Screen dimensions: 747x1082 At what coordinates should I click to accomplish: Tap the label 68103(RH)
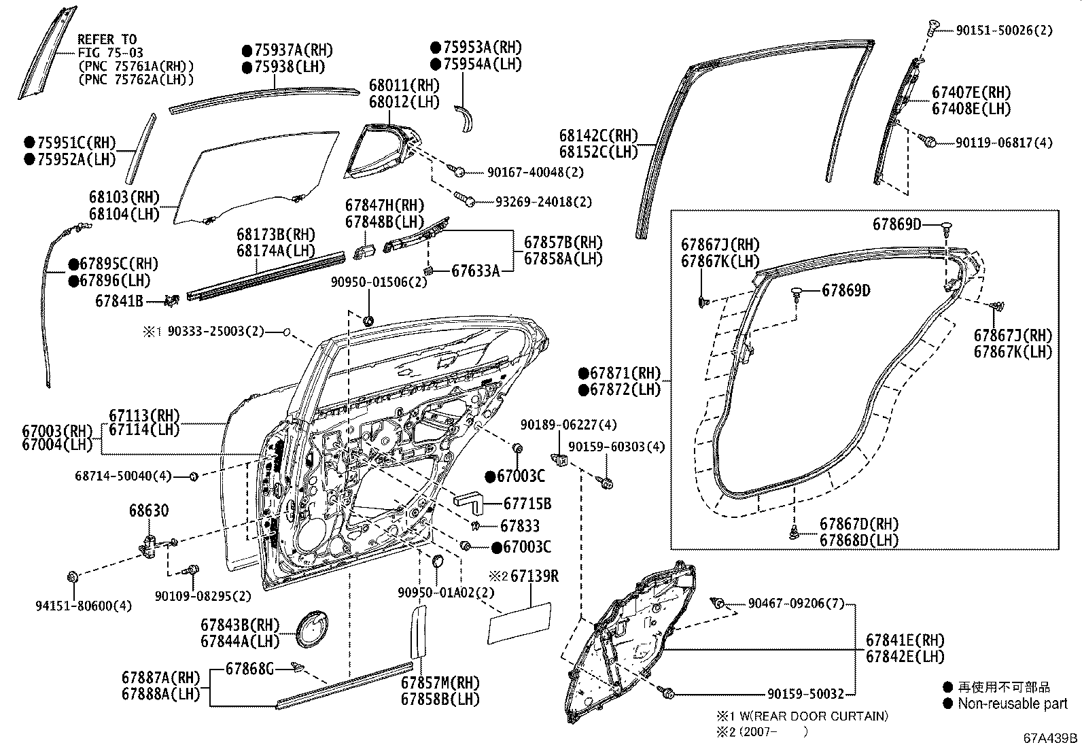click(x=124, y=197)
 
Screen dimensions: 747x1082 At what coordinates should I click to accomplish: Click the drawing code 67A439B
click(x=1051, y=738)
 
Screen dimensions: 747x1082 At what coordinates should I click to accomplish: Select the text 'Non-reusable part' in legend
click(x=1012, y=703)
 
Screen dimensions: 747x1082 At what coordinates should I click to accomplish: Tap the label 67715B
click(x=527, y=504)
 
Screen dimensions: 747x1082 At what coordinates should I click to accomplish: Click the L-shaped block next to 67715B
click(x=468, y=502)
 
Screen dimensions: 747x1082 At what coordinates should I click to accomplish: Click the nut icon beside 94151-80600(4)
click(x=72, y=578)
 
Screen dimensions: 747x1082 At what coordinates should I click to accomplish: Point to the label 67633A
click(x=475, y=271)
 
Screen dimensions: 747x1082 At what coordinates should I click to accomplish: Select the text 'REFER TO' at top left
click(x=107, y=39)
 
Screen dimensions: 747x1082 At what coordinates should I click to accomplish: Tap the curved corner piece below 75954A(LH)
click(x=466, y=119)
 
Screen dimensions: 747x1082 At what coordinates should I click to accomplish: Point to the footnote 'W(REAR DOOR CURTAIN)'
click(x=809, y=716)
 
